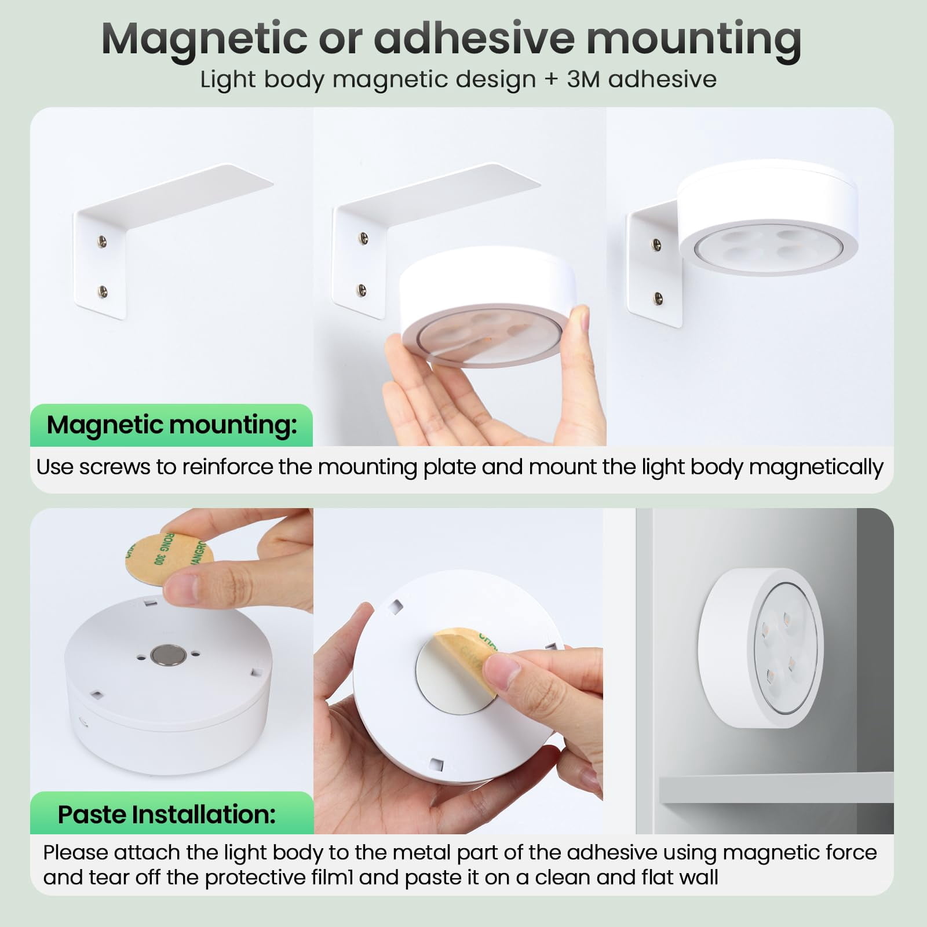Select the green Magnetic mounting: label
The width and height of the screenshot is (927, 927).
click(x=171, y=425)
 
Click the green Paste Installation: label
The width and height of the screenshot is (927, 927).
click(x=172, y=814)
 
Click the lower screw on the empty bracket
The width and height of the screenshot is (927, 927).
click(x=103, y=290)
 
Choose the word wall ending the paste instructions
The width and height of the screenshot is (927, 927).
click(x=699, y=877)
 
